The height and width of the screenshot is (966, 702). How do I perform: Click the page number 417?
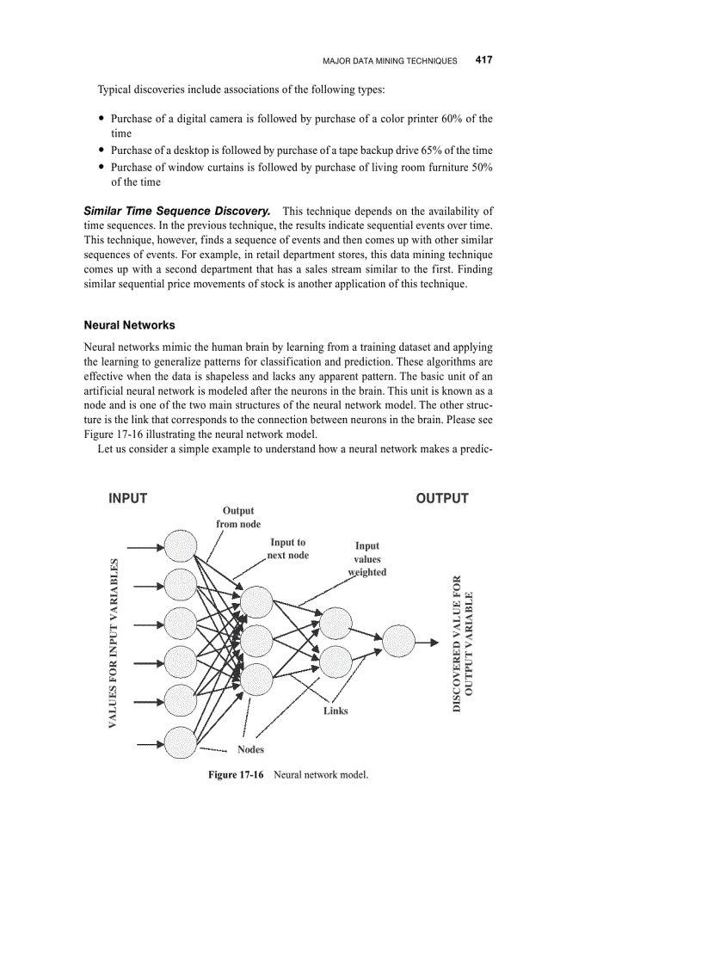(483, 60)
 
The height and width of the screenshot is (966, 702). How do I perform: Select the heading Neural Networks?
(129, 325)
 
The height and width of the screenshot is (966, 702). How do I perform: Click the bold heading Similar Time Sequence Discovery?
(177, 211)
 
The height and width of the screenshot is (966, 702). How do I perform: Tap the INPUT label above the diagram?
(127, 498)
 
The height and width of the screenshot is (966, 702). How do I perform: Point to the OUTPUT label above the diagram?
(442, 498)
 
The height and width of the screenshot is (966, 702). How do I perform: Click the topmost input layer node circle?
(181, 545)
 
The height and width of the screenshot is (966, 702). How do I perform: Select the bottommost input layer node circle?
(181, 742)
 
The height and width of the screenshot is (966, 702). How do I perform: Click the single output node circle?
(398, 641)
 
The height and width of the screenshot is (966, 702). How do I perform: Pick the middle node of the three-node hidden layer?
(256, 640)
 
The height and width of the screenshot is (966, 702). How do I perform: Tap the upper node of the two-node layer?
(336, 623)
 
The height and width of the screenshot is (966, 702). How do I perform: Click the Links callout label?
(336, 711)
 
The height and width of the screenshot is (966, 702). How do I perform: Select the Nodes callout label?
(251, 749)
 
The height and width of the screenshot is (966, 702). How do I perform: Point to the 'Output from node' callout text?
(238, 517)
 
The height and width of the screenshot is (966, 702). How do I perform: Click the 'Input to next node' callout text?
(287, 549)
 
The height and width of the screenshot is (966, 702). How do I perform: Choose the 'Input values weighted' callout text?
(367, 558)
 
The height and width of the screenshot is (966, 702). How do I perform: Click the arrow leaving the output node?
(427, 641)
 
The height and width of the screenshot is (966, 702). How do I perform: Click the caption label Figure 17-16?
(236, 775)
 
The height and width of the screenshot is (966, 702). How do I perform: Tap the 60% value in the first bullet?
(453, 119)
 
